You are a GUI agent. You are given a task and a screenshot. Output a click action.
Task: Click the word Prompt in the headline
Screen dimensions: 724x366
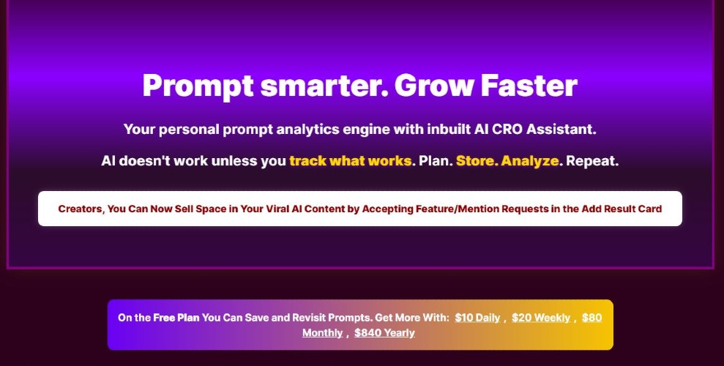pos(198,86)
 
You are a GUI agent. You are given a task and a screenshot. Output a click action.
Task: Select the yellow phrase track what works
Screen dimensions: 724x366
pos(351,161)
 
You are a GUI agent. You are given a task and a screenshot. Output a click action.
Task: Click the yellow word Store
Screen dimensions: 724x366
pos(477,161)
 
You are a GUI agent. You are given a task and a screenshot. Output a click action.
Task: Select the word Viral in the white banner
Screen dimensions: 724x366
pos(277,209)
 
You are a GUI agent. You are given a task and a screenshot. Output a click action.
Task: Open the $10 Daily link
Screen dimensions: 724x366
pos(477,318)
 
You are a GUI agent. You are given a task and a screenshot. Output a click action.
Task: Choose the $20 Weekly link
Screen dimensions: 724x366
pos(541,318)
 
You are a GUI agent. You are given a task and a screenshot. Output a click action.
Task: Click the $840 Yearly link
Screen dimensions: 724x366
pos(384,333)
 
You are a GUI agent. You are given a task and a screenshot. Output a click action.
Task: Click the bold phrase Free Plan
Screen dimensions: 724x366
pos(176,318)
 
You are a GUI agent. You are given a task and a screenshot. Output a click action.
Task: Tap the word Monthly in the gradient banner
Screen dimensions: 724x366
pos(322,333)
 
